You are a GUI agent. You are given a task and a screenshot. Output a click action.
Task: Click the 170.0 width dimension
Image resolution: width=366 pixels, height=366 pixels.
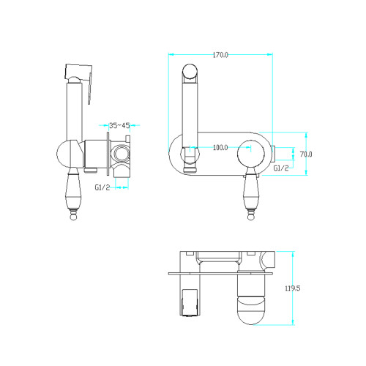click(x=220, y=55)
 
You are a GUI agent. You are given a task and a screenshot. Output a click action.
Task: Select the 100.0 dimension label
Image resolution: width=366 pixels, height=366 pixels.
click(x=220, y=148)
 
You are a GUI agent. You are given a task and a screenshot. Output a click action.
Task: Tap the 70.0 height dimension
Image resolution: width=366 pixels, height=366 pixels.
click(x=306, y=154)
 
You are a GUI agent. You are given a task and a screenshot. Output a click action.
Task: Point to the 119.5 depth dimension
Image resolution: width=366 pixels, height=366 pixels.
click(x=293, y=288)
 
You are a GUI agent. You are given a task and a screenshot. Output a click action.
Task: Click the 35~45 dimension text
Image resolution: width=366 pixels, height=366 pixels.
click(x=119, y=126)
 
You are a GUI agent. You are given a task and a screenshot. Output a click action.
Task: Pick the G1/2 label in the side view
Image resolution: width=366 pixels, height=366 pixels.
click(x=102, y=187)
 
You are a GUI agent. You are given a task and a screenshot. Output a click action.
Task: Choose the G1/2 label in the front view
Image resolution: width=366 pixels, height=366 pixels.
click(x=281, y=168)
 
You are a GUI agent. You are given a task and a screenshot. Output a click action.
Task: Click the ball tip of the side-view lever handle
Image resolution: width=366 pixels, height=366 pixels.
click(x=73, y=217)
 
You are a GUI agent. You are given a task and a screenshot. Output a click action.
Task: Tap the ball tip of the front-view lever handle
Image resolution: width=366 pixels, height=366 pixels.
click(x=250, y=217)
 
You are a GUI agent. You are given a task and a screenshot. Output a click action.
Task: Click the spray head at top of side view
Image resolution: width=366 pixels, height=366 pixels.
click(x=78, y=72)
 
